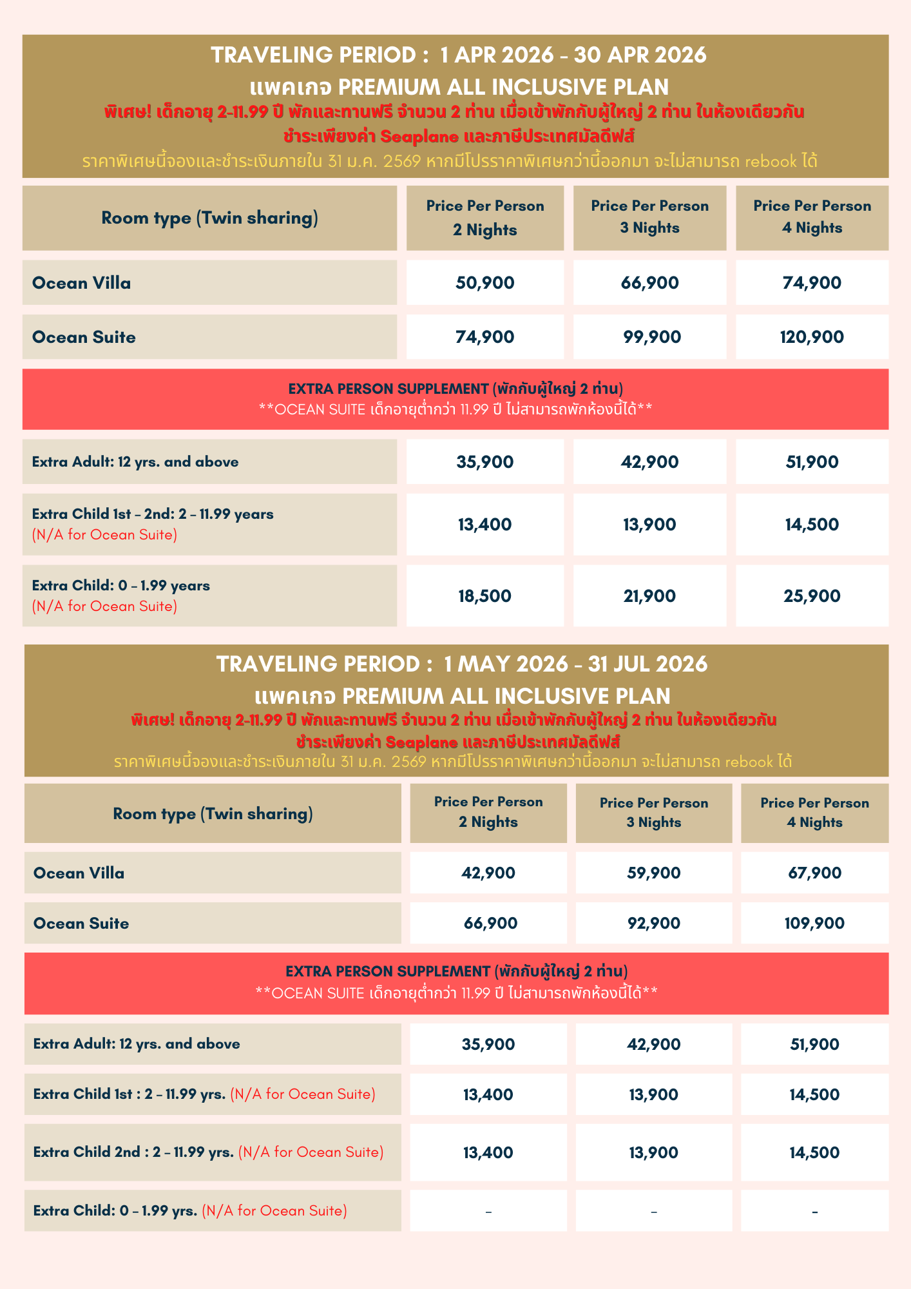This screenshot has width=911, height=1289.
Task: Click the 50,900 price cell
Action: [x=485, y=283]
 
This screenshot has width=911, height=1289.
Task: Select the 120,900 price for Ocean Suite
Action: [x=812, y=337]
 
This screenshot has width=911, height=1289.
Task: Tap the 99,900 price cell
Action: [x=649, y=337]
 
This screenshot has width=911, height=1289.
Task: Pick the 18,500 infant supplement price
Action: [x=485, y=596]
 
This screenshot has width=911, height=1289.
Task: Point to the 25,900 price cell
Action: [x=812, y=596]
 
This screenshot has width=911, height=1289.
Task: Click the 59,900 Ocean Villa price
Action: [x=653, y=873]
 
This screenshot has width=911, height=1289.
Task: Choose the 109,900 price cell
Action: [x=814, y=924]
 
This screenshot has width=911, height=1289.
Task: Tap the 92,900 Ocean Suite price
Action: [x=653, y=924]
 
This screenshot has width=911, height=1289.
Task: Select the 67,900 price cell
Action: [x=814, y=873]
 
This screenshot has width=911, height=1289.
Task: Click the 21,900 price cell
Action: [x=649, y=596]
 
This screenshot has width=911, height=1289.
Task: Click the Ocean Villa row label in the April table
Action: [x=82, y=283]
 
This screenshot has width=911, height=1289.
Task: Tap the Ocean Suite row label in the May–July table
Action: [x=81, y=924]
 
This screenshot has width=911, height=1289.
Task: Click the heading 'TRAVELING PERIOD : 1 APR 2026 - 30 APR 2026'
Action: [x=458, y=55]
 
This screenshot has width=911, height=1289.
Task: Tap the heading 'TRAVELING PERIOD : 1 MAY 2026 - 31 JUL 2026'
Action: [x=461, y=664]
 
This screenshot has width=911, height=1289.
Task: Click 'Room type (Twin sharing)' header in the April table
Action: [x=209, y=218]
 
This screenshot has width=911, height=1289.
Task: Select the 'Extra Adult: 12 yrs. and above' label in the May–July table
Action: [x=137, y=1044]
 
